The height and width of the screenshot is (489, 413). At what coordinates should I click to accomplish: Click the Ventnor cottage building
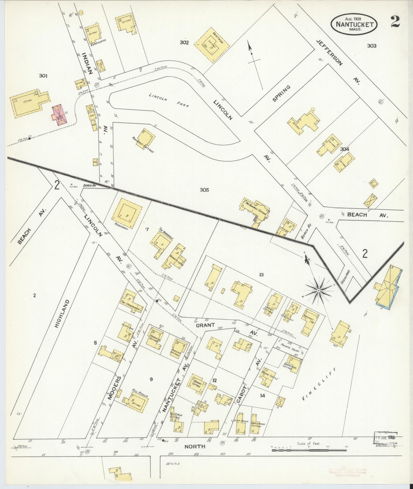click(x=211, y=45)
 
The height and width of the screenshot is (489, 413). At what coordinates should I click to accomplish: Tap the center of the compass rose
click(x=319, y=291)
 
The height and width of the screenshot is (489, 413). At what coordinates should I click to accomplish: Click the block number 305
click(x=205, y=190)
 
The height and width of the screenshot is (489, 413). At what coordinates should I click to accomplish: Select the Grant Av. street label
click(x=205, y=325)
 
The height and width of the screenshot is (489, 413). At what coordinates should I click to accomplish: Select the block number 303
click(x=372, y=46)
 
